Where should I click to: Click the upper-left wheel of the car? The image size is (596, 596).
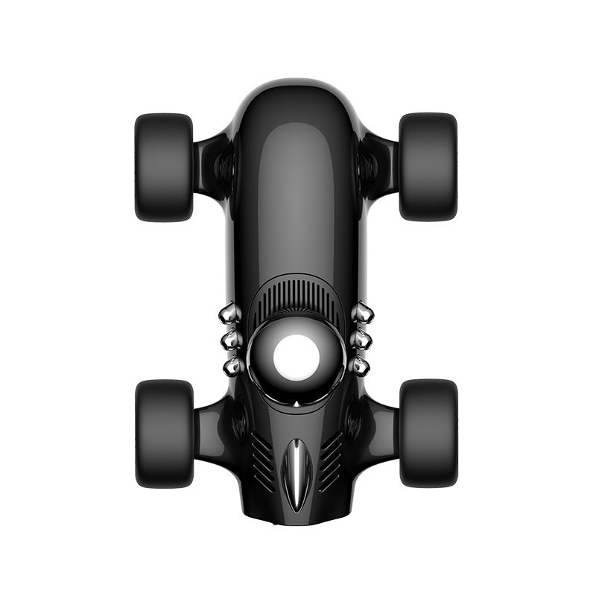pyautogui.click(x=164, y=167)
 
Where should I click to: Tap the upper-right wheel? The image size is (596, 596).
pyautogui.click(x=428, y=167)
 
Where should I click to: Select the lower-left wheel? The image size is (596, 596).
pyautogui.click(x=164, y=434)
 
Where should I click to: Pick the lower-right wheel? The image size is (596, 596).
pyautogui.click(x=428, y=434)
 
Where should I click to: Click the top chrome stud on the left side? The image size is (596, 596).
pyautogui.click(x=231, y=314)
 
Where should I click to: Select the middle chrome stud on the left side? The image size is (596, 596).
pyautogui.click(x=232, y=340)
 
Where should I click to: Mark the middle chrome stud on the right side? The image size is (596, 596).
pyautogui.click(x=361, y=340)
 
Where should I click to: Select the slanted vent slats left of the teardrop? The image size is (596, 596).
pyautogui.click(x=261, y=458)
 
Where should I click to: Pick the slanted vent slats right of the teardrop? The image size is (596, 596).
pyautogui.click(x=331, y=458)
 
